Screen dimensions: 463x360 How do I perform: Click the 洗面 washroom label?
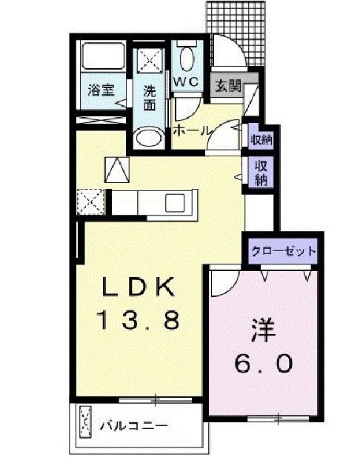pos(150,99)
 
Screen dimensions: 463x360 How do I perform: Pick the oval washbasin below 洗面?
pos(150,139)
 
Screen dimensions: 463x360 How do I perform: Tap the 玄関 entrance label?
pos(227,84)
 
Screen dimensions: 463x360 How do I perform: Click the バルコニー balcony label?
pos(134,426)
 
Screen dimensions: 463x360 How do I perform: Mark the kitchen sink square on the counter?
pos(177,202)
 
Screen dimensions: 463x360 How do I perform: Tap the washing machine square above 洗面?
pos(150,59)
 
